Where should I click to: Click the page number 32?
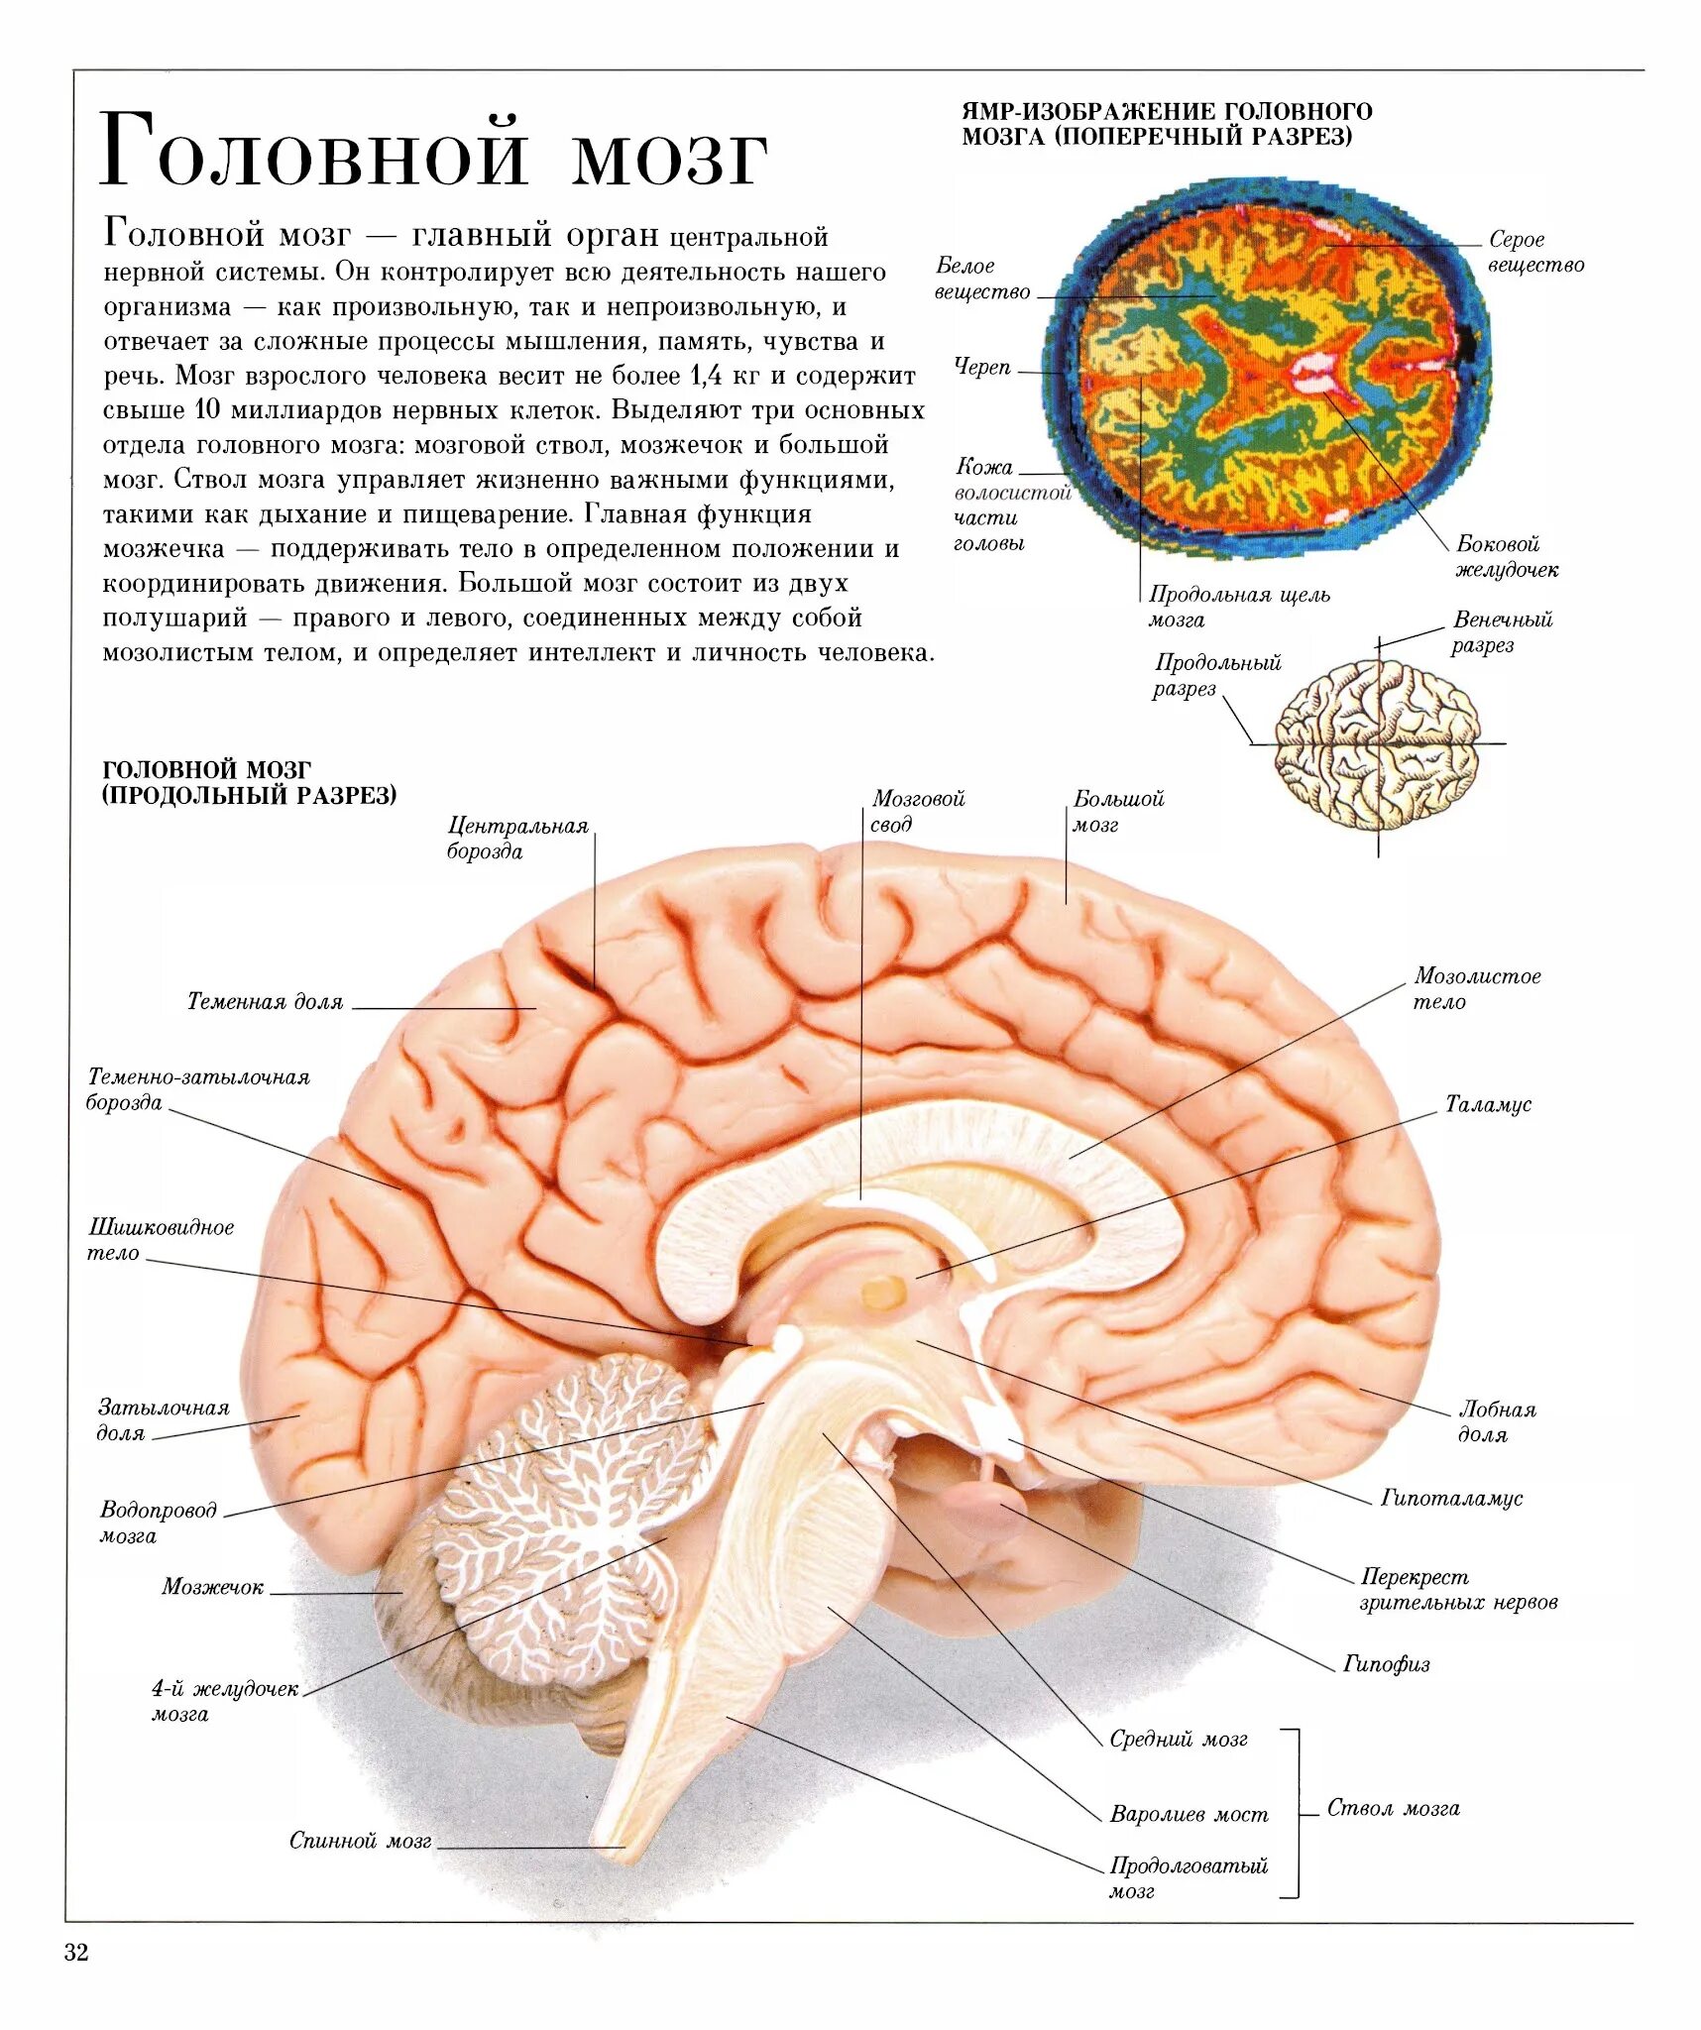(x=76, y=1953)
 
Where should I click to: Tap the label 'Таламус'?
(x=1487, y=1104)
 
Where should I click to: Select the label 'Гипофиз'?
(x=1386, y=1664)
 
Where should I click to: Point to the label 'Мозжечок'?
(x=212, y=1587)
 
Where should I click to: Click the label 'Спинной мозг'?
(x=360, y=1841)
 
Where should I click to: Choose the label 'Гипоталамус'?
(x=1451, y=1498)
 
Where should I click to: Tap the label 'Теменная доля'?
(x=265, y=1002)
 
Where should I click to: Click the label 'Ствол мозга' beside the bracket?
(x=1393, y=1809)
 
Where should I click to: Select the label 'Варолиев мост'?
(x=1189, y=1815)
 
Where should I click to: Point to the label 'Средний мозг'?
(x=1178, y=1739)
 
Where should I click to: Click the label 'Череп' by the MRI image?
(x=982, y=367)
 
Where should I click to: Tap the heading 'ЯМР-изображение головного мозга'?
(x=1167, y=124)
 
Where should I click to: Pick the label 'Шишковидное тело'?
(x=161, y=1240)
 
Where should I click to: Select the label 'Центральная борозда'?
(x=516, y=839)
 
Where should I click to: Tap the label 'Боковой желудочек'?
(x=1506, y=557)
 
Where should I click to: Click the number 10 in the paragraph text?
(x=206, y=410)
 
